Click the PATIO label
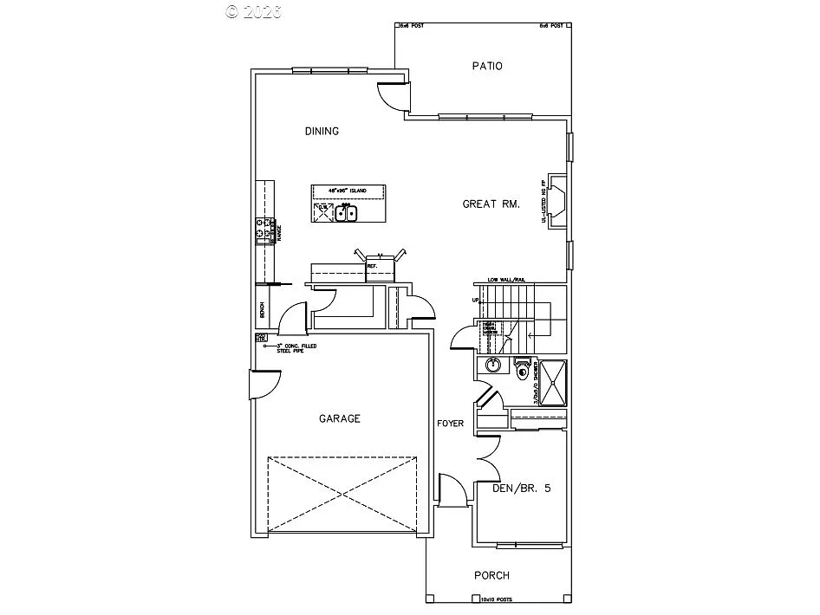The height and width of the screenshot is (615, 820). (487, 66)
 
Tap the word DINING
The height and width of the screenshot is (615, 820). (322, 132)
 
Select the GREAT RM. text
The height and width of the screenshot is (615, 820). (491, 204)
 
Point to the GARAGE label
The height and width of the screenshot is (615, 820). (340, 418)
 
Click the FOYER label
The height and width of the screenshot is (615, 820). (451, 424)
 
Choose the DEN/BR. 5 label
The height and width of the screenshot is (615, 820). (522, 488)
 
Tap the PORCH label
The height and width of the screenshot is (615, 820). (491, 575)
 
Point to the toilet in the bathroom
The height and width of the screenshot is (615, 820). (522, 371)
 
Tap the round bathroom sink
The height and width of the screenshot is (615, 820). (493, 366)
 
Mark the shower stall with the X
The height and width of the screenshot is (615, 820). (551, 381)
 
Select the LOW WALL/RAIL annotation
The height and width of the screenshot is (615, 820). (506, 280)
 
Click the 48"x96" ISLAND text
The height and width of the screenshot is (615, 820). (348, 190)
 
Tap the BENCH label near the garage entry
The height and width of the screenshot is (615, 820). (261, 308)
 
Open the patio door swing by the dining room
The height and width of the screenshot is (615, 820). (392, 95)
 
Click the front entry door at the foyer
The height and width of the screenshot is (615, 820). (452, 491)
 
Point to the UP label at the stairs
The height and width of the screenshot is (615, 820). (474, 300)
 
